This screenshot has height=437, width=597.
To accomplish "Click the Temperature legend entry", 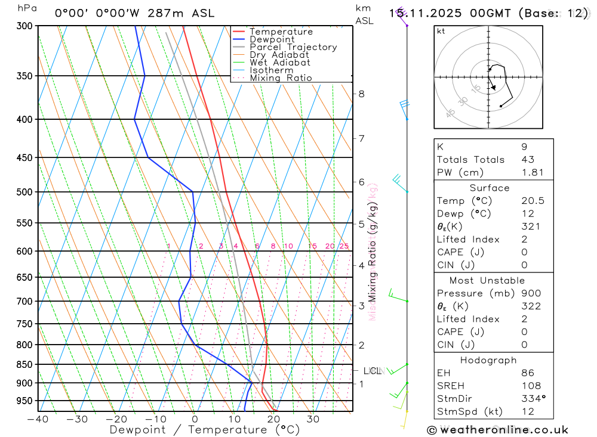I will pos(281,32).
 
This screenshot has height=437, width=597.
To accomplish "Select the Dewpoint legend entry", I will pos(272,39).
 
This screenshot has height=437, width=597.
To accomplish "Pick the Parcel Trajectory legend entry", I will pos(293,47).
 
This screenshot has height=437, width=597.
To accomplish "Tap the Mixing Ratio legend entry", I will pos(281,78).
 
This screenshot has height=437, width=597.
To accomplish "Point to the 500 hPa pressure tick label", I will pos(24,192).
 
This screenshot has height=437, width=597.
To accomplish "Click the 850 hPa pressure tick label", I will pos(24,364).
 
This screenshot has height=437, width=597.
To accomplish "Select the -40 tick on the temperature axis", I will pos(38,419).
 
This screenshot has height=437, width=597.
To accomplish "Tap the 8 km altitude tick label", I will pos(362,94).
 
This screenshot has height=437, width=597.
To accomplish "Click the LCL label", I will pos(372,371).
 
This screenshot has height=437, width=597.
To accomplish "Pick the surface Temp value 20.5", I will pos(533,201).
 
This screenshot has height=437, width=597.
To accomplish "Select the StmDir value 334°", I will pos(533,398).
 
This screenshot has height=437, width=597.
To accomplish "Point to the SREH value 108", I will pos(531,386).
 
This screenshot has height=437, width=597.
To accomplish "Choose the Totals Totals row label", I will pos(470,159).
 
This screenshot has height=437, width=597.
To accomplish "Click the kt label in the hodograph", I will pos(441,32).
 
